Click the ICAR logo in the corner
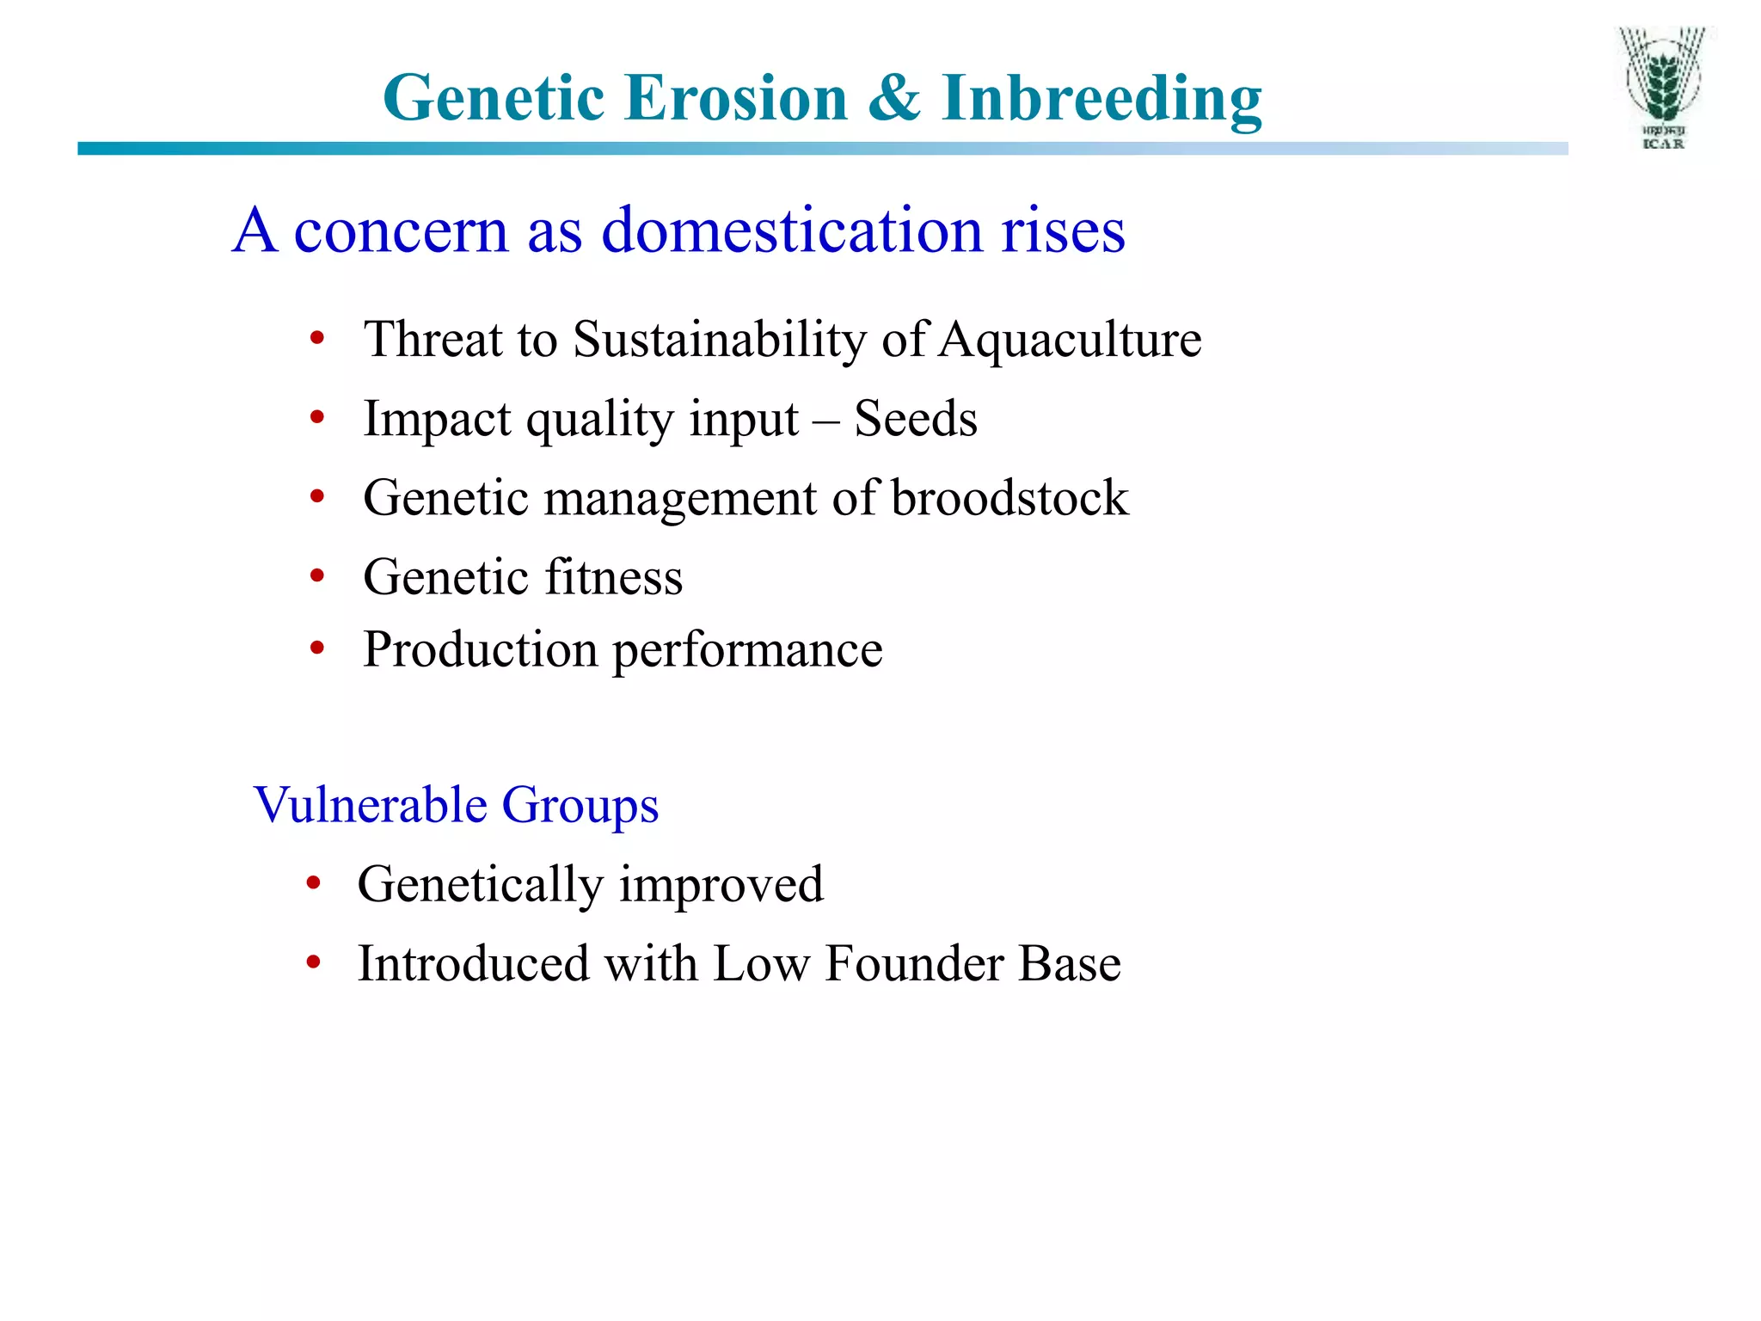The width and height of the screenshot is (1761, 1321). (1662, 89)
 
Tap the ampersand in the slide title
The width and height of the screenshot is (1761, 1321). (894, 97)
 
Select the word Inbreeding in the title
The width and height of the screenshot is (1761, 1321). (1101, 99)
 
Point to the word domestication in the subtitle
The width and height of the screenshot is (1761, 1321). (791, 230)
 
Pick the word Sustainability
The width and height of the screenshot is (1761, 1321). (719, 340)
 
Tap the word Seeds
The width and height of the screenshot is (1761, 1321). (915, 419)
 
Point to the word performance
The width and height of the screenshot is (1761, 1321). (746, 651)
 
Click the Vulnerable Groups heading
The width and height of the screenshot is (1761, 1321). (456, 806)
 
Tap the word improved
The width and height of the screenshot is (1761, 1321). (721, 885)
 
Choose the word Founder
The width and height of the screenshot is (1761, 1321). (913, 964)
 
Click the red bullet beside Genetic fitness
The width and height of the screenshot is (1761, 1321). (317, 575)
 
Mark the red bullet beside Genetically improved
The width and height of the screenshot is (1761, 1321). (313, 882)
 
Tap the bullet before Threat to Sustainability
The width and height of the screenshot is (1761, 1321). (317, 338)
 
